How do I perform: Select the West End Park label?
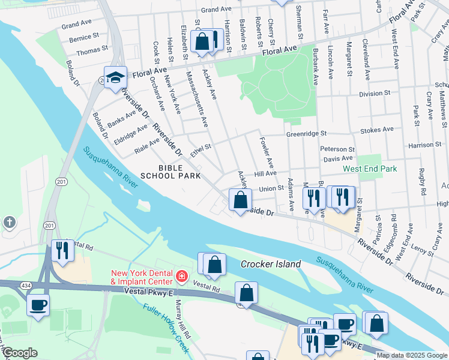pos(370,169)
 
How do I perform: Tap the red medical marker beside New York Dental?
pos(182,277)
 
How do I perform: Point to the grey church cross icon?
pos(9,223)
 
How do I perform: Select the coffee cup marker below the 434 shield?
pos(38,305)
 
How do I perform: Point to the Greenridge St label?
pos(306,134)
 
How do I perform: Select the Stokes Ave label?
pos(376,129)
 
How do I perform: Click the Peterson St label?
pos(337,149)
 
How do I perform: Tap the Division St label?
pos(375,94)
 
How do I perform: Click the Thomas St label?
pos(92,50)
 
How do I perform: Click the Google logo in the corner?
pos(20,353)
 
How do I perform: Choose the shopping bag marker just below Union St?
pos(240,200)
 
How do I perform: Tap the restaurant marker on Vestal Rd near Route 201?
pos(62,250)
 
